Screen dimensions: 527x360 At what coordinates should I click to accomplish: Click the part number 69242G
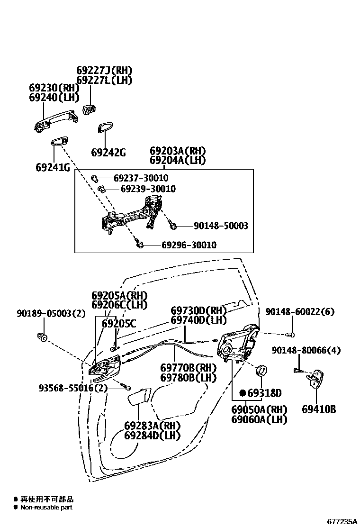point(108,153)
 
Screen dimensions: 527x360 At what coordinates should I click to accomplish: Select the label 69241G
point(53,167)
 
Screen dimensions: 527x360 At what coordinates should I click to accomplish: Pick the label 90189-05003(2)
point(44,313)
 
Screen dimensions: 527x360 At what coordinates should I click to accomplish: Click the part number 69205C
point(119,324)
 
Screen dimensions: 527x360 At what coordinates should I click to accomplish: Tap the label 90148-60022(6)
point(300,311)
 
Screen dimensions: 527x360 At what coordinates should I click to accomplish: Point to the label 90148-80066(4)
point(306,350)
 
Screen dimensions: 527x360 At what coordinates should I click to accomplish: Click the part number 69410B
point(319,409)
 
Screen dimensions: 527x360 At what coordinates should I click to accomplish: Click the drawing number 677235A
point(342,521)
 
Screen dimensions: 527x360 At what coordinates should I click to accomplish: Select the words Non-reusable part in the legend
point(46,508)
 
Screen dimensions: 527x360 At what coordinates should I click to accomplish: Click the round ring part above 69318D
point(261,370)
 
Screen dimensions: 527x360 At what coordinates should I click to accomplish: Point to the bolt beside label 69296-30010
point(139,245)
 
